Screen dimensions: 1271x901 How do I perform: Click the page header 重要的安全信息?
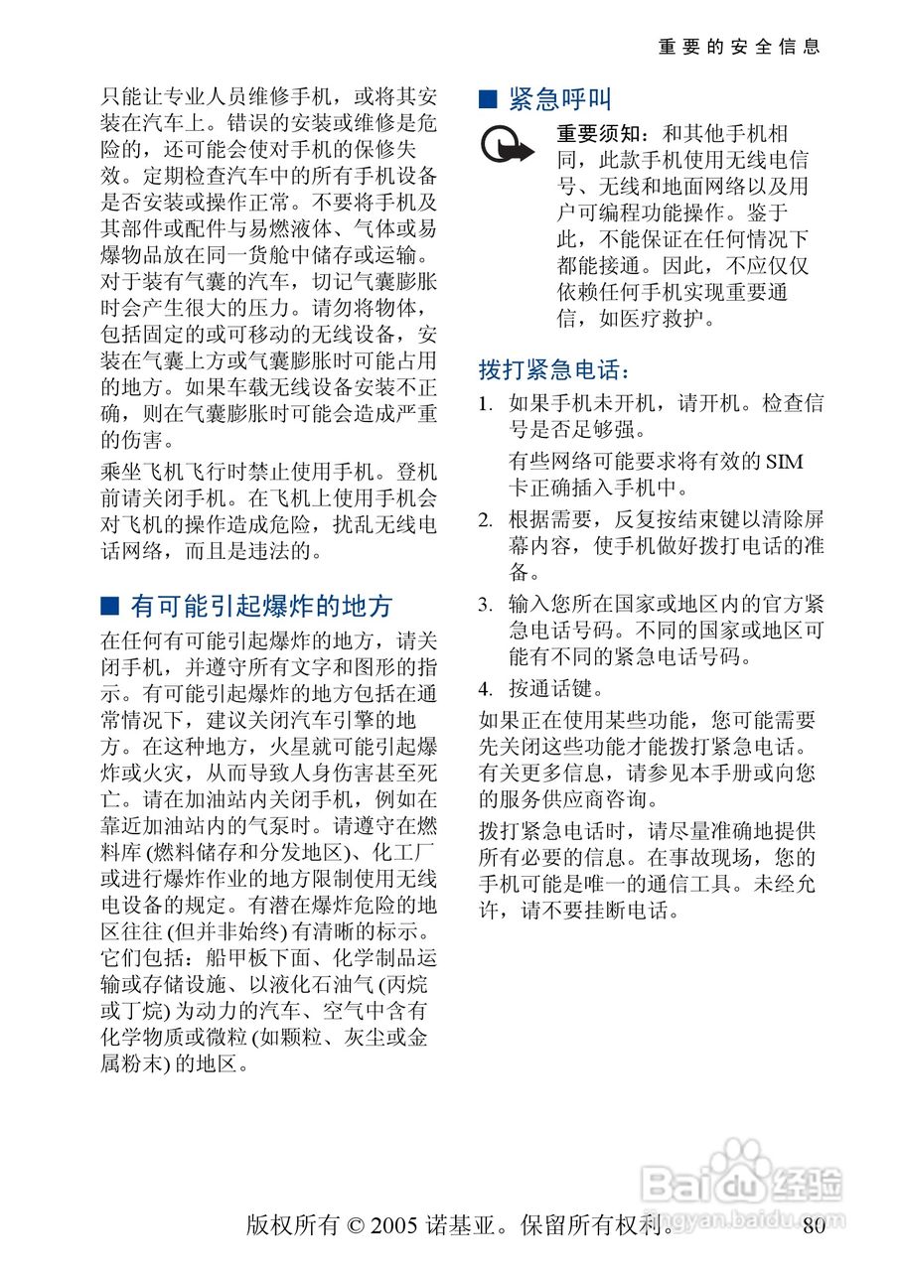[739, 47]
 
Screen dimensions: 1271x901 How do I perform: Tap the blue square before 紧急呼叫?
[487, 99]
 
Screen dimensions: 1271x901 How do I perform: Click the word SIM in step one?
[784, 462]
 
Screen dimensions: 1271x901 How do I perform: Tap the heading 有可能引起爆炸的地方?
[262, 606]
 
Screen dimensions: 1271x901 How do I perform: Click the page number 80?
[814, 1226]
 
